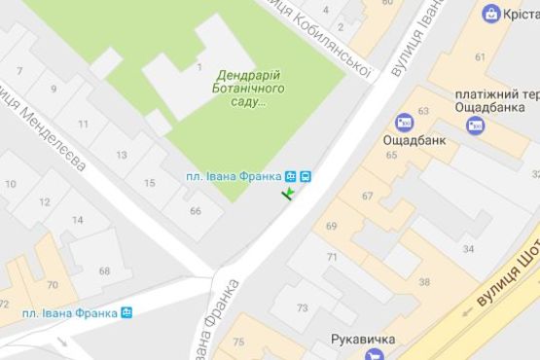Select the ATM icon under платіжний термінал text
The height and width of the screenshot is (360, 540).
pos(474,125)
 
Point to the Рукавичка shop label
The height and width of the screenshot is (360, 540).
pos(363,340)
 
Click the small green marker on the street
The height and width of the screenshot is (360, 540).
pos(288,196)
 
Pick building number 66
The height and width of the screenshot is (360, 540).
pos(195,211)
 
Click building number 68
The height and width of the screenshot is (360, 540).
pos(104,271)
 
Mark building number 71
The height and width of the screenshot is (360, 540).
pos(332,257)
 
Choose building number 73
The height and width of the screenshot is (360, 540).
pos(302,307)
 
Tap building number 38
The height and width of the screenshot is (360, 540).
pos(424,281)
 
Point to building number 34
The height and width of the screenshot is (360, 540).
pos(468,249)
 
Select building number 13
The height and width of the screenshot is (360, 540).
pos(122,155)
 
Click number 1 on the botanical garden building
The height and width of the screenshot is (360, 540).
pos(198,67)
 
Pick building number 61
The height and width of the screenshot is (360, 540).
pos(480,57)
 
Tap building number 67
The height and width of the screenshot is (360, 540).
pos(367,196)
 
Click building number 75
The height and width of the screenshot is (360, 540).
pos(239,342)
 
